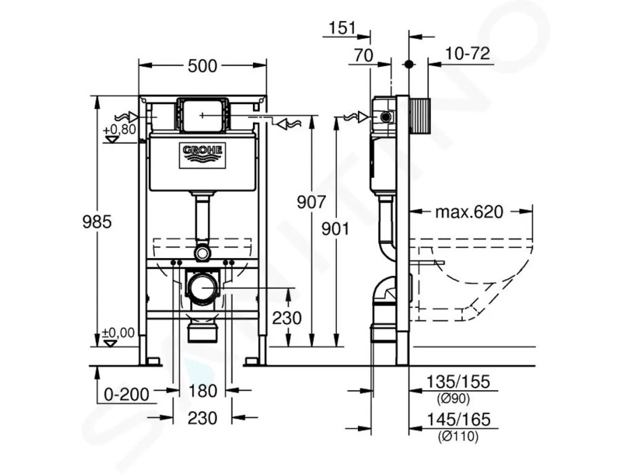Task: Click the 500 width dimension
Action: click(202, 65)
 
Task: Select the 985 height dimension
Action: click(97, 222)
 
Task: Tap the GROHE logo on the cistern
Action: click(202, 155)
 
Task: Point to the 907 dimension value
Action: click(311, 202)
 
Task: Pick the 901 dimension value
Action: click(335, 229)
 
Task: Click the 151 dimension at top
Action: click(342, 28)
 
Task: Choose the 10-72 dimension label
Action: click(468, 53)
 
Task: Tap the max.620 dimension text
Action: click(469, 212)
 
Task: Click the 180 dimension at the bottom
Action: click(202, 391)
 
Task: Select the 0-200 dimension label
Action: click(127, 394)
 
